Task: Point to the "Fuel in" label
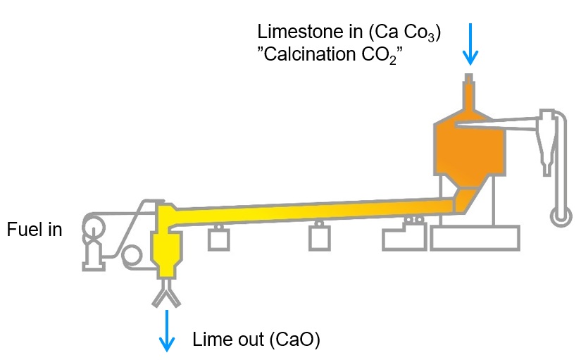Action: pyautogui.click(x=35, y=230)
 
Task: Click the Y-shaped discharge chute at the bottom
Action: pyautogui.click(x=167, y=297)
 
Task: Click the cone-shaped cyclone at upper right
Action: pyautogui.click(x=548, y=141)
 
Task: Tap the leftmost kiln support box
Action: pyautogui.click(x=220, y=240)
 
